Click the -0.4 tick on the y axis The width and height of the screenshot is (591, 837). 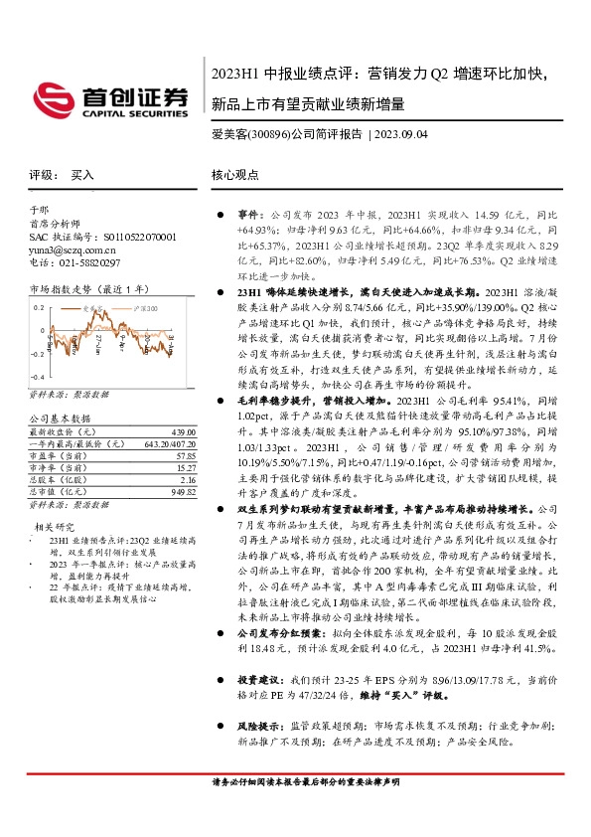pyautogui.click(x=36, y=378)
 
